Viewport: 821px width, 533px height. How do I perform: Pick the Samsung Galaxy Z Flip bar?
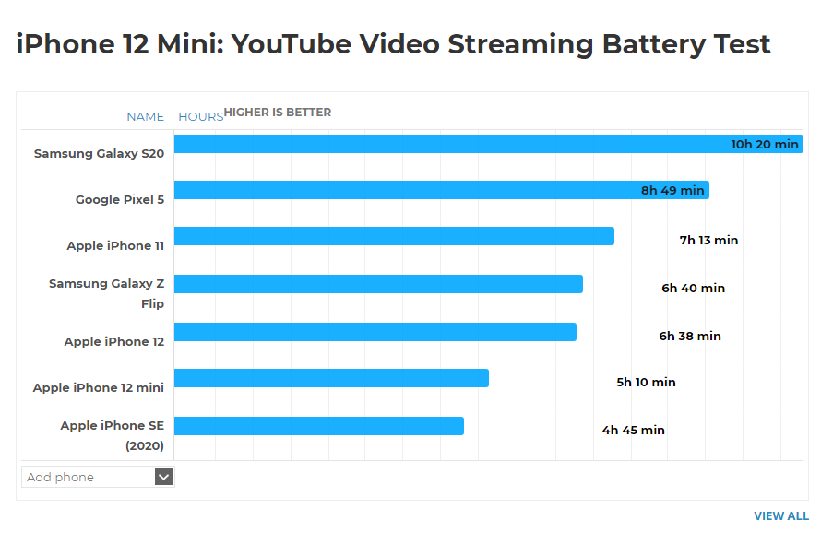click(378, 284)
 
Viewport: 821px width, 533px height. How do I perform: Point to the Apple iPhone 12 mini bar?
click(331, 378)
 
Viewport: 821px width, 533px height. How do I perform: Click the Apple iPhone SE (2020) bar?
click(318, 426)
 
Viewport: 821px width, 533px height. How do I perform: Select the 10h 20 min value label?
click(765, 144)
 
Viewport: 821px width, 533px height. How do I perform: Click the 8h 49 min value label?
click(672, 191)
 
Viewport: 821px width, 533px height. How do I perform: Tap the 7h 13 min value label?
click(708, 241)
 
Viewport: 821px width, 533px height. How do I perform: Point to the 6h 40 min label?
click(693, 288)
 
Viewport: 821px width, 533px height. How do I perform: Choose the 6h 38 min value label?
click(689, 337)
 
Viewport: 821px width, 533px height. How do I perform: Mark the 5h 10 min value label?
click(646, 383)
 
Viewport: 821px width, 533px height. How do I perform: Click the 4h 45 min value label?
click(633, 431)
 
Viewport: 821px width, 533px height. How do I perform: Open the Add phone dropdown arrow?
click(163, 477)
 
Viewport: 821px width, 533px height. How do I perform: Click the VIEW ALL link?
click(780, 516)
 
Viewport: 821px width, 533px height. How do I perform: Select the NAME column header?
click(145, 117)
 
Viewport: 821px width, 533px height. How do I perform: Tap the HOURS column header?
click(200, 117)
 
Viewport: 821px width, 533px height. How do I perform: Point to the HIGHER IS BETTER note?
click(278, 113)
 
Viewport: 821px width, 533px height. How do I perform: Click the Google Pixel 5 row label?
click(120, 199)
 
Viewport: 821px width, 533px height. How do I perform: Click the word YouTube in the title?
click(292, 43)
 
